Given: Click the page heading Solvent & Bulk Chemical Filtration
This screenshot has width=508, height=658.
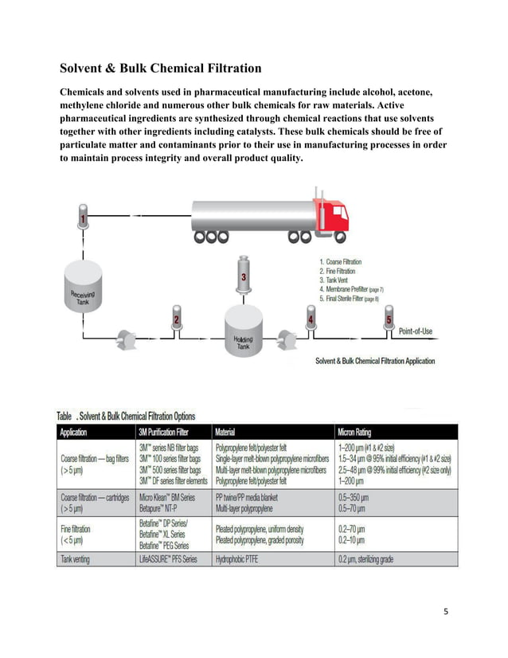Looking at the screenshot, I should coord(161,68).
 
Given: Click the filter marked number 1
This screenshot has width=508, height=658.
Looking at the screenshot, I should coord(82,216).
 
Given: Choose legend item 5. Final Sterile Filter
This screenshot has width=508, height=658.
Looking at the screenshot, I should coord(349,298).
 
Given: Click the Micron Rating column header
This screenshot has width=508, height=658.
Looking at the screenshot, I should coord(362,433).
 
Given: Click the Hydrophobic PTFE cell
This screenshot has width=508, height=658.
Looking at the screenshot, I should coord(240,560).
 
